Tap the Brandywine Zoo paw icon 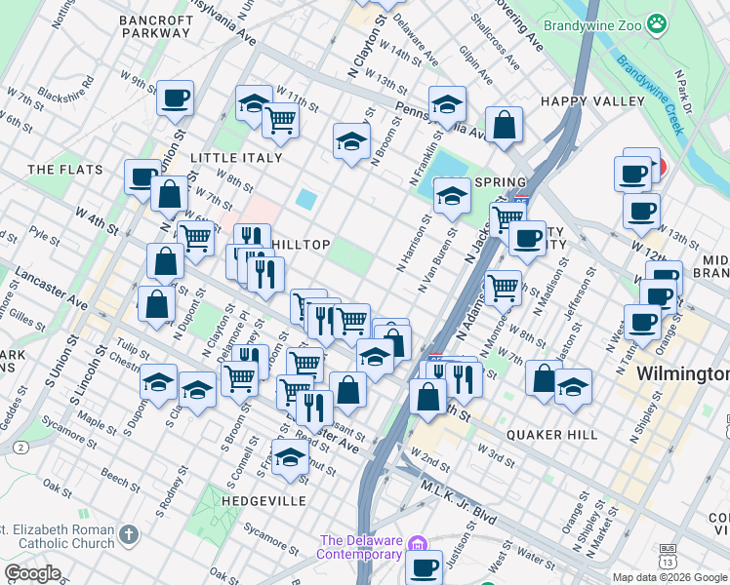[660, 21]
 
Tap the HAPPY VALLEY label [592, 101]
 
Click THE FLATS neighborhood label [65, 170]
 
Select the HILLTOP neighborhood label [301, 245]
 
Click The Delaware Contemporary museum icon [418, 542]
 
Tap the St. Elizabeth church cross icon [130, 534]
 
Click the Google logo [32, 573]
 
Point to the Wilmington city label [682, 374]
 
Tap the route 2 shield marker [20, 447]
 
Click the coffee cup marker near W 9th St [175, 97]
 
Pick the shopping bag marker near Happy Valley [505, 125]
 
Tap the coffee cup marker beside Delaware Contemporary [424, 567]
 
